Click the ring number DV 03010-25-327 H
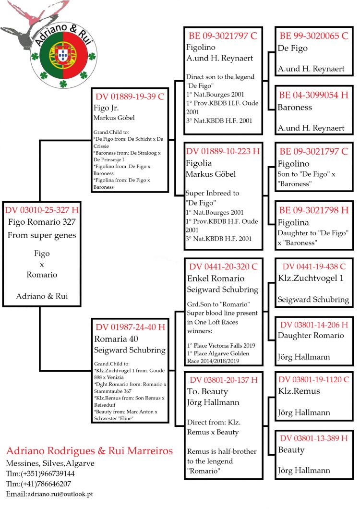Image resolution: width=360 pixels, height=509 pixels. (42, 210)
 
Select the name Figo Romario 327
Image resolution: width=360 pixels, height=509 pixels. (42, 222)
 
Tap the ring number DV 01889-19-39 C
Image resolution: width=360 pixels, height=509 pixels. (130, 96)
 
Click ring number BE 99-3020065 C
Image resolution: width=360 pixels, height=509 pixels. (314, 36)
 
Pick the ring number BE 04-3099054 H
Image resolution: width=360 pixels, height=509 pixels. (314, 95)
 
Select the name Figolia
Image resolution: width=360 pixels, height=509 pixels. (201, 163)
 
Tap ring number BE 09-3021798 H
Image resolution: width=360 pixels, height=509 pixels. (314, 210)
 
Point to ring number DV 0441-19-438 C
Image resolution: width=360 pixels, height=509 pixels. (314, 267)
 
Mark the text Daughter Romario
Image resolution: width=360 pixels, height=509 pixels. (311, 335)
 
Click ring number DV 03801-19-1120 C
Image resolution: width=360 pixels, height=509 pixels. (314, 379)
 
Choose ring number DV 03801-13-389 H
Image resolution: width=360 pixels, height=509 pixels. (314, 438)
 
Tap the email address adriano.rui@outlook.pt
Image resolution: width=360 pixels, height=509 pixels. (60, 494)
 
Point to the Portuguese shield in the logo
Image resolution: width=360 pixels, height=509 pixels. (62, 54)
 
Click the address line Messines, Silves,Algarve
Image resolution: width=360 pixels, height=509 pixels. (50, 463)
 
